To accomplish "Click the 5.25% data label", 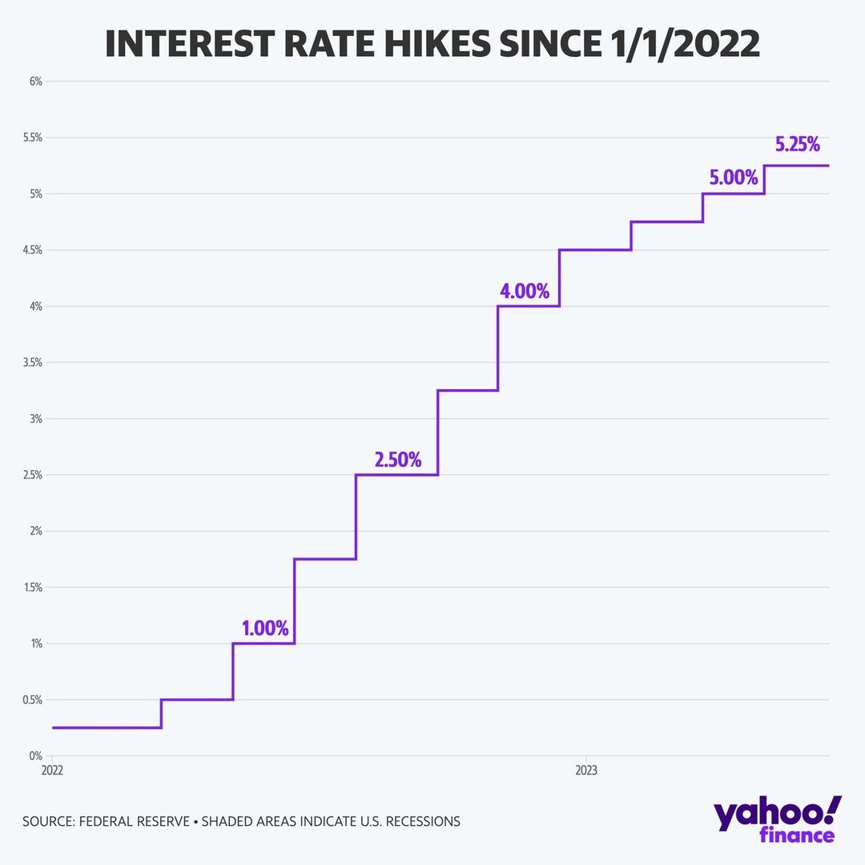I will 797,145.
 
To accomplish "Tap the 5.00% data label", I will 733,178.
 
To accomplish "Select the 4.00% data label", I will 525,292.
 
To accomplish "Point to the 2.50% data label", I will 397,460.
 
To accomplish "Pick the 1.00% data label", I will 265,629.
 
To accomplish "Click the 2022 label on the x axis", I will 51,770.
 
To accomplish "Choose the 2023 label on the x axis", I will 586,770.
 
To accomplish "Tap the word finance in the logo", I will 797,835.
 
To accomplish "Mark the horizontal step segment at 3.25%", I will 468,390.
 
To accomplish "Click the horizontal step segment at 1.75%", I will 325,559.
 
